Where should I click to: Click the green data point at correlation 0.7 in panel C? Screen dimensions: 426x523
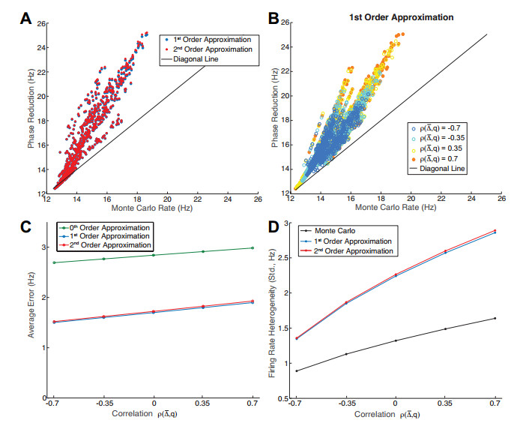[251, 247]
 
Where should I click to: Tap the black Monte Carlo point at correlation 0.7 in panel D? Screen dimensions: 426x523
[495, 318]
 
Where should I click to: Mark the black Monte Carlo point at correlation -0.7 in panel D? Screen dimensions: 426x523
[297, 370]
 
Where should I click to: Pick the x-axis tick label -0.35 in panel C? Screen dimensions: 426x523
[103, 404]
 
